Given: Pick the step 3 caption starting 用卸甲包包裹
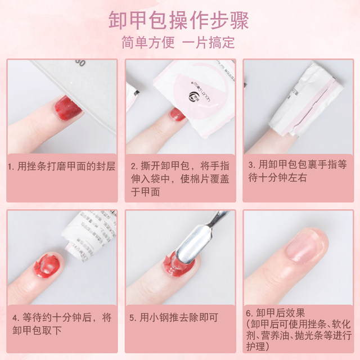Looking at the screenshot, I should pyautogui.click(x=298, y=172).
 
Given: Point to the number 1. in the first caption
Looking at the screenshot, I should pyautogui.click(x=12, y=168).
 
